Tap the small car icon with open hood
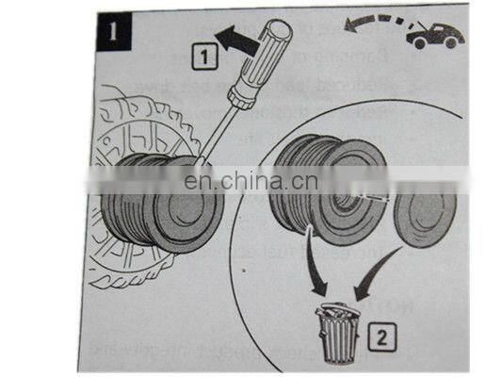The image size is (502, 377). click(434, 36)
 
